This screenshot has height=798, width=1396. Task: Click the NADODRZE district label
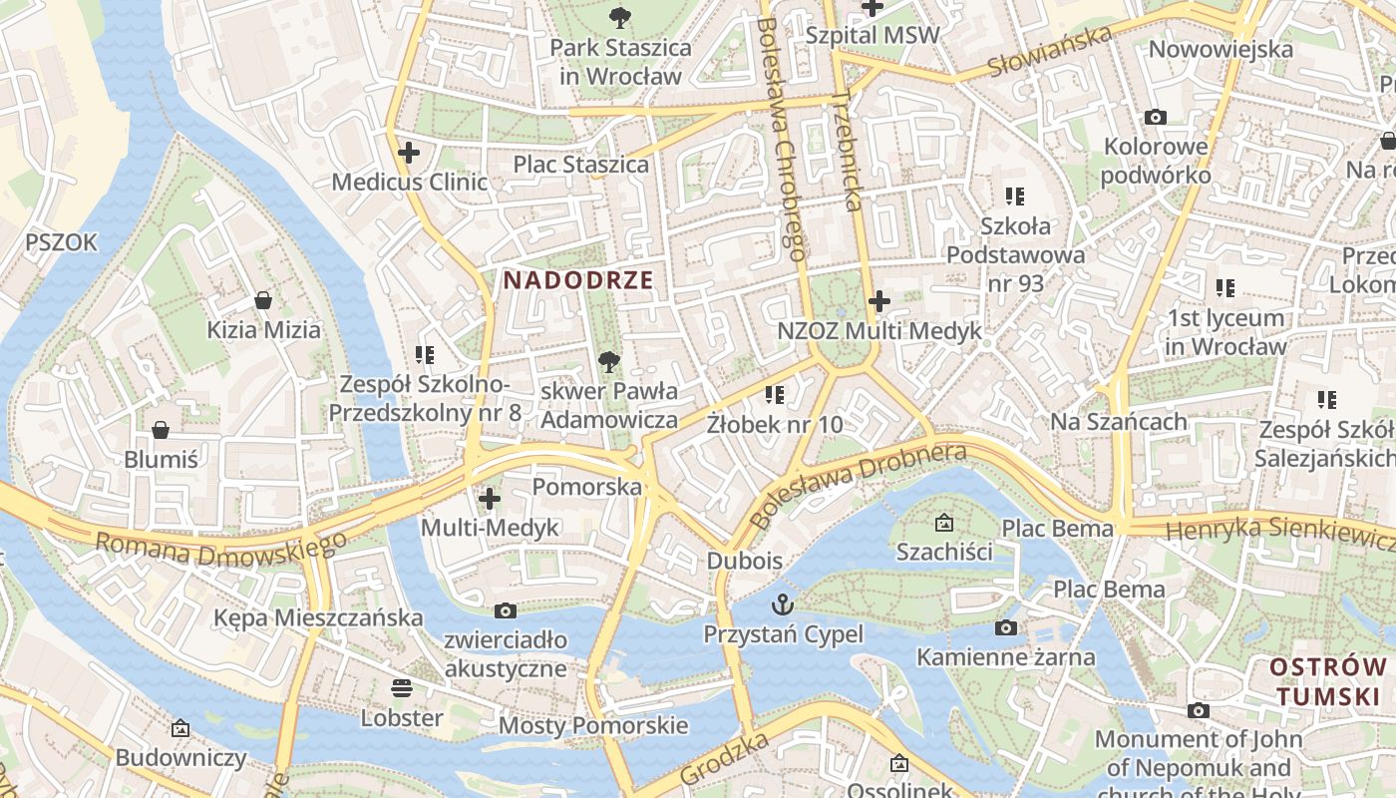(x=578, y=280)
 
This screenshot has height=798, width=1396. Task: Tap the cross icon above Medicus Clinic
(x=408, y=154)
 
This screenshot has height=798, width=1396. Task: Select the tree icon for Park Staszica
(x=620, y=17)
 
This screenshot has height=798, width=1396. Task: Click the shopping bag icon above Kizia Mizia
(x=263, y=300)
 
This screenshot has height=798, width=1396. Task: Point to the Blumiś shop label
(x=161, y=459)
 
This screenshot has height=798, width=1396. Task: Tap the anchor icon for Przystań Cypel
(x=784, y=604)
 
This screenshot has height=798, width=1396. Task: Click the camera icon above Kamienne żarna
(x=1006, y=627)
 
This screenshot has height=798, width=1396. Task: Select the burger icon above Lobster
(x=402, y=687)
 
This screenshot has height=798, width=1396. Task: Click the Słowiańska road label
(x=1050, y=52)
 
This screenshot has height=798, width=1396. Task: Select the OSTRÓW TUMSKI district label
(x=1328, y=681)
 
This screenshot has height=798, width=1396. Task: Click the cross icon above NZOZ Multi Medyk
(x=879, y=300)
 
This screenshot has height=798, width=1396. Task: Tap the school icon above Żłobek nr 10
(x=775, y=395)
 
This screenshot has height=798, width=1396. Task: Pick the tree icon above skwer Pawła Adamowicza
(x=608, y=362)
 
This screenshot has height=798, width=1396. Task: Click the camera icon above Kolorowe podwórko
(x=1156, y=118)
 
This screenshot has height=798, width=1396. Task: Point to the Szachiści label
(x=944, y=552)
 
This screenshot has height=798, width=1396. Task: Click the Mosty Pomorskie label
(x=593, y=725)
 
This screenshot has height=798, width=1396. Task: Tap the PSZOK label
(x=62, y=242)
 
